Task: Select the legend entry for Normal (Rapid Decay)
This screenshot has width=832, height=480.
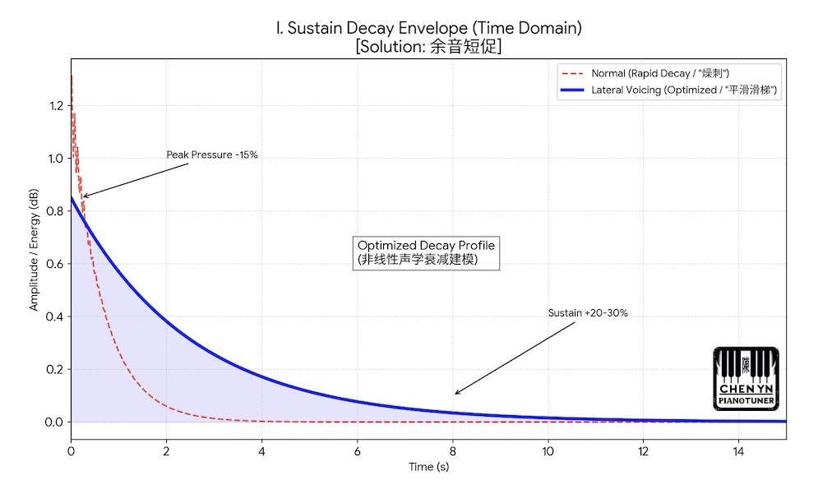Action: tap(645, 73)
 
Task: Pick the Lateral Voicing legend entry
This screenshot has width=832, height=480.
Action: tap(668, 90)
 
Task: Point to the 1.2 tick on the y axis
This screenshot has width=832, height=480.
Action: tap(56, 105)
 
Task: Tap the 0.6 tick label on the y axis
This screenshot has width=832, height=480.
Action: tap(54, 264)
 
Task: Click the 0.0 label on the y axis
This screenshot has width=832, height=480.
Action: tap(54, 422)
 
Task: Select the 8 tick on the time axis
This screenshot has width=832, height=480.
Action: tap(453, 451)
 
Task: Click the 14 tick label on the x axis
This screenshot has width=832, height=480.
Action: tap(738, 451)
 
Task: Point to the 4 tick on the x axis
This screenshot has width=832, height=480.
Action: tap(261, 451)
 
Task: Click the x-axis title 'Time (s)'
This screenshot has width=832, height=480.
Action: tap(428, 467)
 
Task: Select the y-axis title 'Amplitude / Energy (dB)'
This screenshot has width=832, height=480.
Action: tap(34, 250)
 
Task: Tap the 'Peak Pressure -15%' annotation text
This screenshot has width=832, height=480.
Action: tap(212, 155)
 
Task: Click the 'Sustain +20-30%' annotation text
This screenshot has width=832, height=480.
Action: tap(588, 313)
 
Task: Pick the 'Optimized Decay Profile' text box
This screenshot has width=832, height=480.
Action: tap(426, 252)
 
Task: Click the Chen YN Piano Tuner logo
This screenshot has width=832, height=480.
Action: tap(746, 379)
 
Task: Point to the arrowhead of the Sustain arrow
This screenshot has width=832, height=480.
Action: tap(456, 393)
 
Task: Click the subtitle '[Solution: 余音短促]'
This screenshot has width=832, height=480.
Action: tap(428, 47)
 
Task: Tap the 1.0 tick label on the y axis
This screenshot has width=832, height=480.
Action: tap(55, 158)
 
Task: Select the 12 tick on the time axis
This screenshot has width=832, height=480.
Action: tap(643, 451)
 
